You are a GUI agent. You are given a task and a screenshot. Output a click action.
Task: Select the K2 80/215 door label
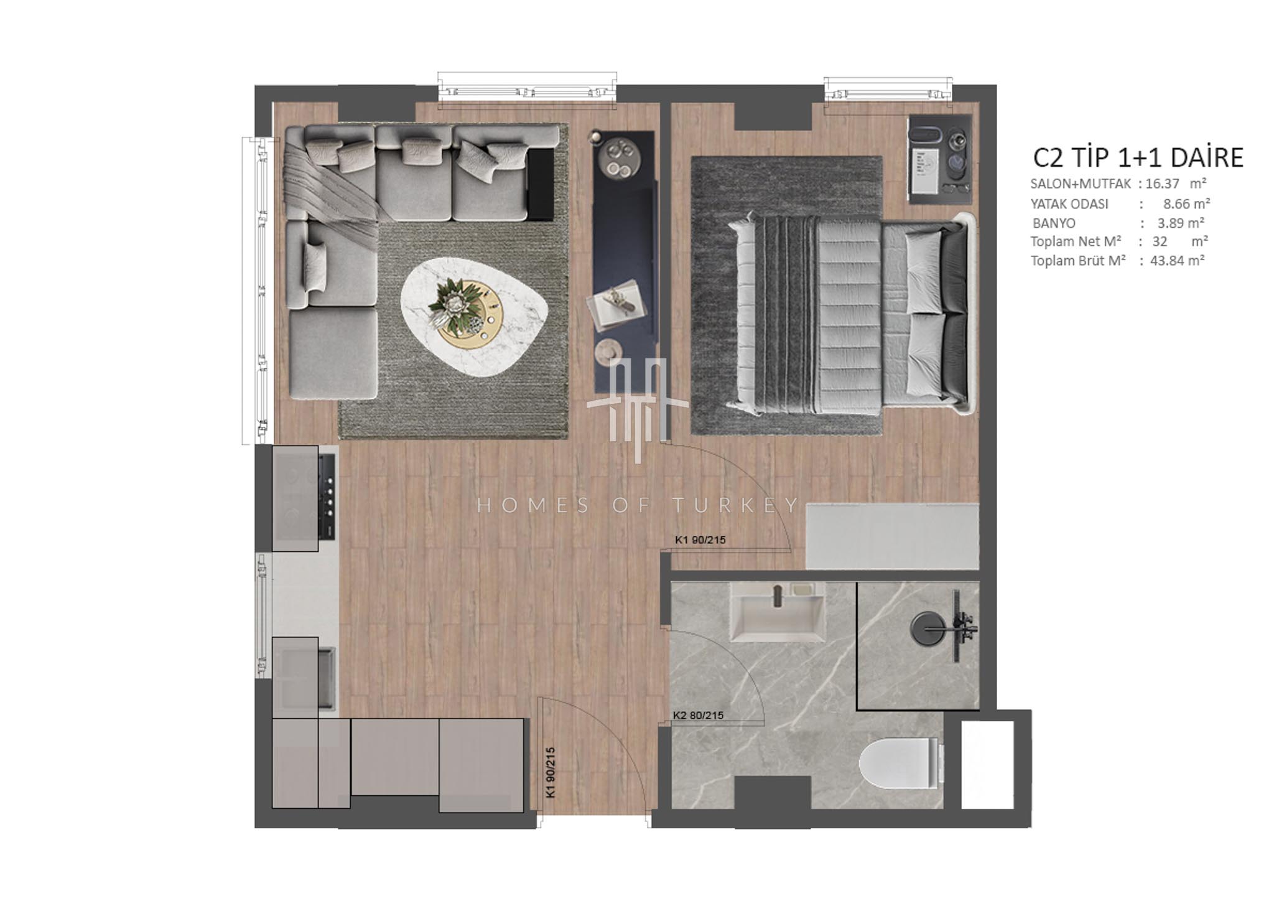pos(699,716)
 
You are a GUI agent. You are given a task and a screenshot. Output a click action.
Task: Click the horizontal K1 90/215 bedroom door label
pos(700,540)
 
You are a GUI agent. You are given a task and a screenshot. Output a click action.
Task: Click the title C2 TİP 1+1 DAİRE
pos(1138,158)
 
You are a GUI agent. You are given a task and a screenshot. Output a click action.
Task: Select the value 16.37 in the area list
pos(1162,184)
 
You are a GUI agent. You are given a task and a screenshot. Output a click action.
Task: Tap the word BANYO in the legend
pos(1054,223)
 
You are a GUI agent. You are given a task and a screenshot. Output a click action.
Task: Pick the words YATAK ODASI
pos(1069,203)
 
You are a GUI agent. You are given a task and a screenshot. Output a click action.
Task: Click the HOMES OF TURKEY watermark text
pos(638,505)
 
